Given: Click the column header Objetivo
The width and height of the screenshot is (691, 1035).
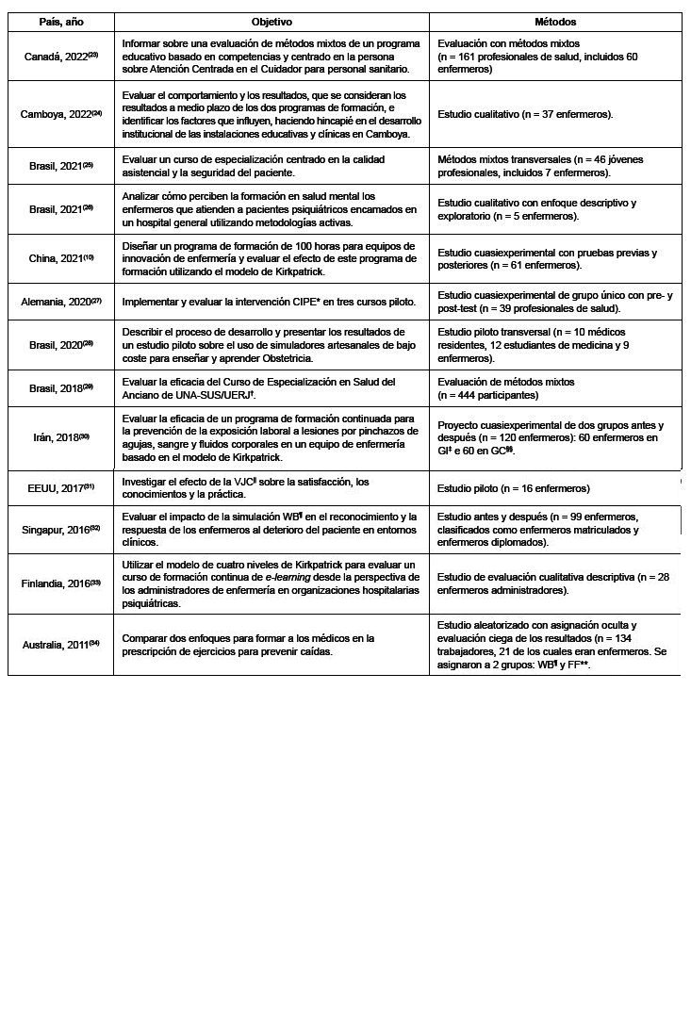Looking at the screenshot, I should (x=271, y=22).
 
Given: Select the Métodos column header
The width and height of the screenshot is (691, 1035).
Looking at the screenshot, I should (x=555, y=22).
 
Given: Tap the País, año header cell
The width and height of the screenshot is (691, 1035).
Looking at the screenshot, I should (x=60, y=22).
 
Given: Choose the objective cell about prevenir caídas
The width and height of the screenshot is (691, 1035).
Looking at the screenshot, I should (x=248, y=645).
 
